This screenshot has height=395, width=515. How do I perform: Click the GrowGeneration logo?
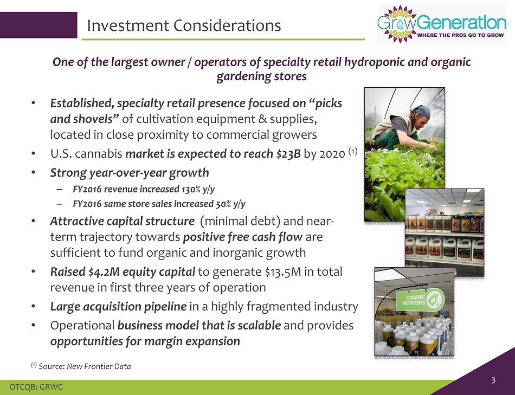click(442, 24)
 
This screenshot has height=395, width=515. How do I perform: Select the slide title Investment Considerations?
click(184, 25)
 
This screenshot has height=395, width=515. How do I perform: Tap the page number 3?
click(493, 380)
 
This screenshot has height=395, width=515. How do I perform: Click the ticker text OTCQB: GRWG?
click(36, 387)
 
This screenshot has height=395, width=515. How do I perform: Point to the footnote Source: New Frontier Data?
click(85, 366)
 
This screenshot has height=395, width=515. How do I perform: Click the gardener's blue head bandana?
click(421, 111)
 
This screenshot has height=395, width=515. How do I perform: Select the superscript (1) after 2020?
click(353, 151)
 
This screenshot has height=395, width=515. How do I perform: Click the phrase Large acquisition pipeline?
click(118, 307)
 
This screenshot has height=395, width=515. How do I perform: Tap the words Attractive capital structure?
click(122, 221)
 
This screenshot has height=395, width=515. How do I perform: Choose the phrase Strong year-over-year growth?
click(130, 173)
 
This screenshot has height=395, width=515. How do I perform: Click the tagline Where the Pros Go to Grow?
click(460, 35)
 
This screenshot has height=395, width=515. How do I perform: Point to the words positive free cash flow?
click(243, 237)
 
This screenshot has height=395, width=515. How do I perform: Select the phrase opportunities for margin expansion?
click(145, 341)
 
